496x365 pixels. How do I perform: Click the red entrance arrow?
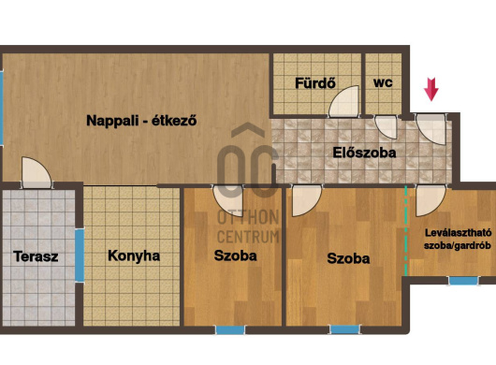[431, 89]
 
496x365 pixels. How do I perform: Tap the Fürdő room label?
[315, 83]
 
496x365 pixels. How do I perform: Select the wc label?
[383, 82]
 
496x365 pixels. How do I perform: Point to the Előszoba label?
[364, 153]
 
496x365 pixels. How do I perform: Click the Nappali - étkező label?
[141, 121]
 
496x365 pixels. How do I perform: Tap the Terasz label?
[36, 256]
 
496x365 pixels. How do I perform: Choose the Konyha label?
[134, 255]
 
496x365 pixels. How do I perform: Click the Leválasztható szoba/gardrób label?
[458, 239]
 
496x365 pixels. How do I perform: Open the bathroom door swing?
[343, 101]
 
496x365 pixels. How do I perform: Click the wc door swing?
[386, 127]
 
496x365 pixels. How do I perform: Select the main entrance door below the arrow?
[430, 129]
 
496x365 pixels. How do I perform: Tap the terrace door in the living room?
[36, 172]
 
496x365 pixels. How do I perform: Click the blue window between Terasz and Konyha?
[80, 255]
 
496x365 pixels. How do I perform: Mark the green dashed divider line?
[406, 231]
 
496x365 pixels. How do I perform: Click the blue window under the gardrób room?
[463, 281]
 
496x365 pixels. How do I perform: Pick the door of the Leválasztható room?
[430, 200]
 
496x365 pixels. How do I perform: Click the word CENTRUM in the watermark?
[248, 237]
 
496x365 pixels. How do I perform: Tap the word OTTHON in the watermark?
[248, 217]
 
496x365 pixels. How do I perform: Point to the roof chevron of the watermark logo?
[248, 130]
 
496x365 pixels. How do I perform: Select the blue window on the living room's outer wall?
[1, 108]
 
